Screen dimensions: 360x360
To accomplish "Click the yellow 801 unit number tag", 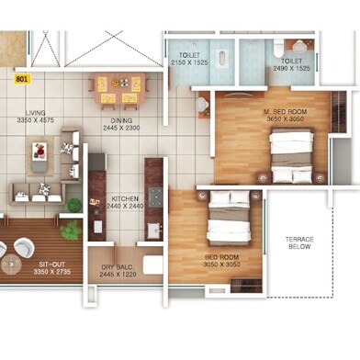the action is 23,79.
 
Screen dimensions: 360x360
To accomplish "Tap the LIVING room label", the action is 36,113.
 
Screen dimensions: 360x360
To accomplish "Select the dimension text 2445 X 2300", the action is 121,128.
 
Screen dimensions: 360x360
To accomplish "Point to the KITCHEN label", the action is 125,198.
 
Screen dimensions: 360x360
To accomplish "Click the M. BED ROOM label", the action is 286,112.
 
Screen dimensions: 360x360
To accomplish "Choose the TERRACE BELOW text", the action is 299,243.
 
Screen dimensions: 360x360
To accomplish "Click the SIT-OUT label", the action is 52,264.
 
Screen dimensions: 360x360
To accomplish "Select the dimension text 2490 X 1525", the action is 292,69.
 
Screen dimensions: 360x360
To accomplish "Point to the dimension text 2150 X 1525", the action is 189,62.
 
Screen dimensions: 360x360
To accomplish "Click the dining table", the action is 119,88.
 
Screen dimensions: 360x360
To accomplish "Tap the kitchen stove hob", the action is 155,197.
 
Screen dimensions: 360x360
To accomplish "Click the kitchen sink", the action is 154,231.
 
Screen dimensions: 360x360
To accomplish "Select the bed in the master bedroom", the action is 291,156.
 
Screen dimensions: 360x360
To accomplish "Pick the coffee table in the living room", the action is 39,156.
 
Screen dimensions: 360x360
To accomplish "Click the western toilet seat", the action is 278,51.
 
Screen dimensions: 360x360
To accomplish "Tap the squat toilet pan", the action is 221,59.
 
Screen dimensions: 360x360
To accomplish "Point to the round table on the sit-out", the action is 11,264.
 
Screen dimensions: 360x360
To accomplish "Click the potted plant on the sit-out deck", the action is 71,230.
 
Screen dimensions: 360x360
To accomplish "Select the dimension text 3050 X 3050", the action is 222,264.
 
